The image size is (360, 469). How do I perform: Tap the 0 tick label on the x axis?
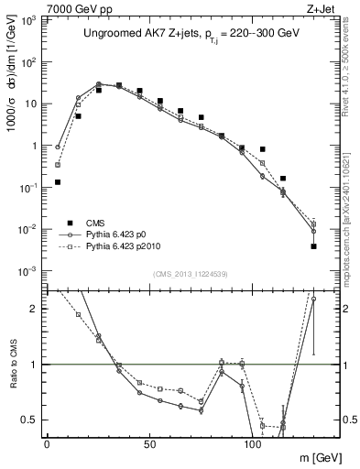[47, 442]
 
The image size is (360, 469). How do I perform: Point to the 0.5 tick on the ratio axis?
[32, 420]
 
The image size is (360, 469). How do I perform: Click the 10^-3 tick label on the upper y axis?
[30, 271]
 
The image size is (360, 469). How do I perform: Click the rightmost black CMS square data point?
[313, 245]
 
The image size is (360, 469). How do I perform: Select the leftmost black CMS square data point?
[58, 182]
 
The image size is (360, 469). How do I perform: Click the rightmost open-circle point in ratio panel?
[313, 299]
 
